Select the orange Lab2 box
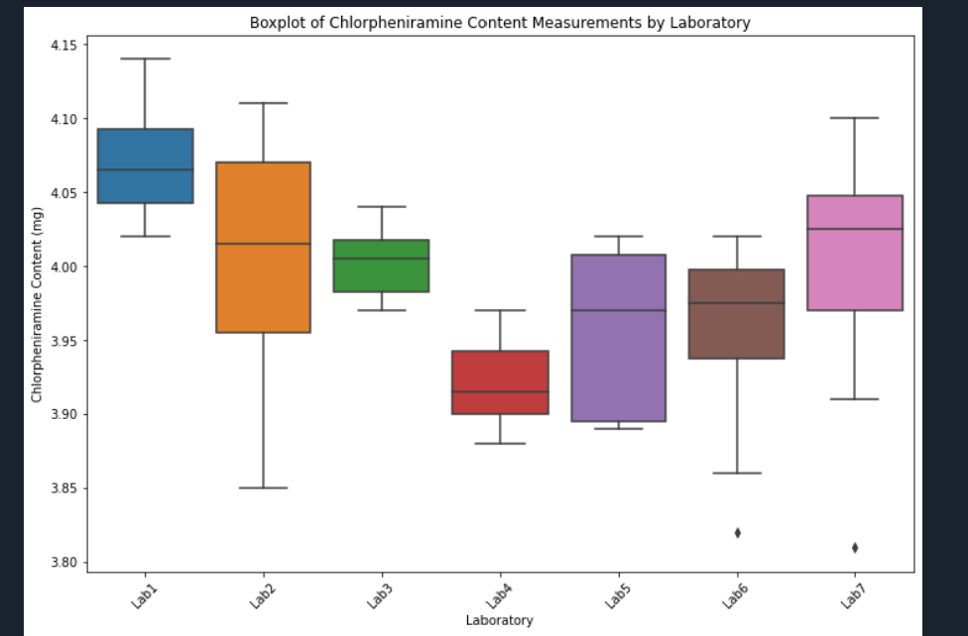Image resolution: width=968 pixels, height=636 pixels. tap(263, 287)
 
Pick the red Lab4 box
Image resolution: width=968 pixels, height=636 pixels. tap(500, 382)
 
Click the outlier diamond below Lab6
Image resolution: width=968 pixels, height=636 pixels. tap(737, 533)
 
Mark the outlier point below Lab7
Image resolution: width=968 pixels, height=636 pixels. tap(855, 548)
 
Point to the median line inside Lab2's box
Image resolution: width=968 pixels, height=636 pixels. tap(263, 244)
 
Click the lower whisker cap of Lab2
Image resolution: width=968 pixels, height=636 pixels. tap(263, 488)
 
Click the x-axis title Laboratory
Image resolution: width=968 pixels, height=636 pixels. tap(499, 621)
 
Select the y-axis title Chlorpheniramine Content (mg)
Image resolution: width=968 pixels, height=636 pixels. tap(37, 303)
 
